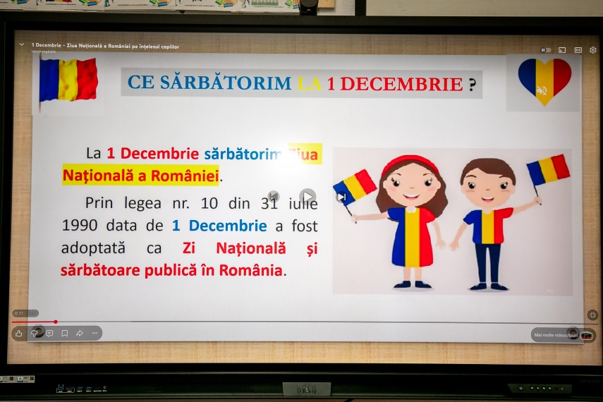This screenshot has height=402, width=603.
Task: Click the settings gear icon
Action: [592, 50]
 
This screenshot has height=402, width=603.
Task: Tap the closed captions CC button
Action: [578, 50]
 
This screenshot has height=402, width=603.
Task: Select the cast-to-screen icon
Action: [562, 50]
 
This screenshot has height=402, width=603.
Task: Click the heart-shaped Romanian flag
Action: [544, 79]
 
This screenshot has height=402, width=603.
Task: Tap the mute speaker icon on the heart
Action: [542, 90]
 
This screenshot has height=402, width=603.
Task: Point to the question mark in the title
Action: [472, 84]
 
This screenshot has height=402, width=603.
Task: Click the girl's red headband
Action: [410, 162]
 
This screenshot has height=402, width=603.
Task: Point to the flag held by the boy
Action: [548, 170]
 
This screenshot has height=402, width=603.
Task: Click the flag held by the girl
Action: [355, 186]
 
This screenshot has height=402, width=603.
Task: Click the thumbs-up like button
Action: [18, 333]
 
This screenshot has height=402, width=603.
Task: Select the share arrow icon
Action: [80, 333]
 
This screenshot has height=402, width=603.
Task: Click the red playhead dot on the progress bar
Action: [56, 322]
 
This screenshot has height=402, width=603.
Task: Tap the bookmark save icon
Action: [64, 333]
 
